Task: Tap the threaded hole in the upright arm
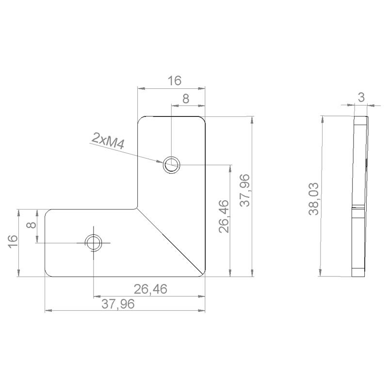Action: (171, 165)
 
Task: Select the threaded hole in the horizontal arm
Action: (93, 242)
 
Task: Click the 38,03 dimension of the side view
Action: (314, 198)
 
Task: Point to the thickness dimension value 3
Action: (361, 97)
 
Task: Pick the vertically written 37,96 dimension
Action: (245, 190)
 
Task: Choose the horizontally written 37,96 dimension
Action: (118, 304)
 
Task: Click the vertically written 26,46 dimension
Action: (224, 216)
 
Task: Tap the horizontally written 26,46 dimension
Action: (150, 290)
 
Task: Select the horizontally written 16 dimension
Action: (175, 81)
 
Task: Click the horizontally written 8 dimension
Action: (185, 98)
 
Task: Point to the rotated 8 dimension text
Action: (30, 226)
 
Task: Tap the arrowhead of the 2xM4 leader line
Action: (162, 162)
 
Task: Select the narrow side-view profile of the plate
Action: (359, 196)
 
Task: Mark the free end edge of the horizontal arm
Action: (45, 242)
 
